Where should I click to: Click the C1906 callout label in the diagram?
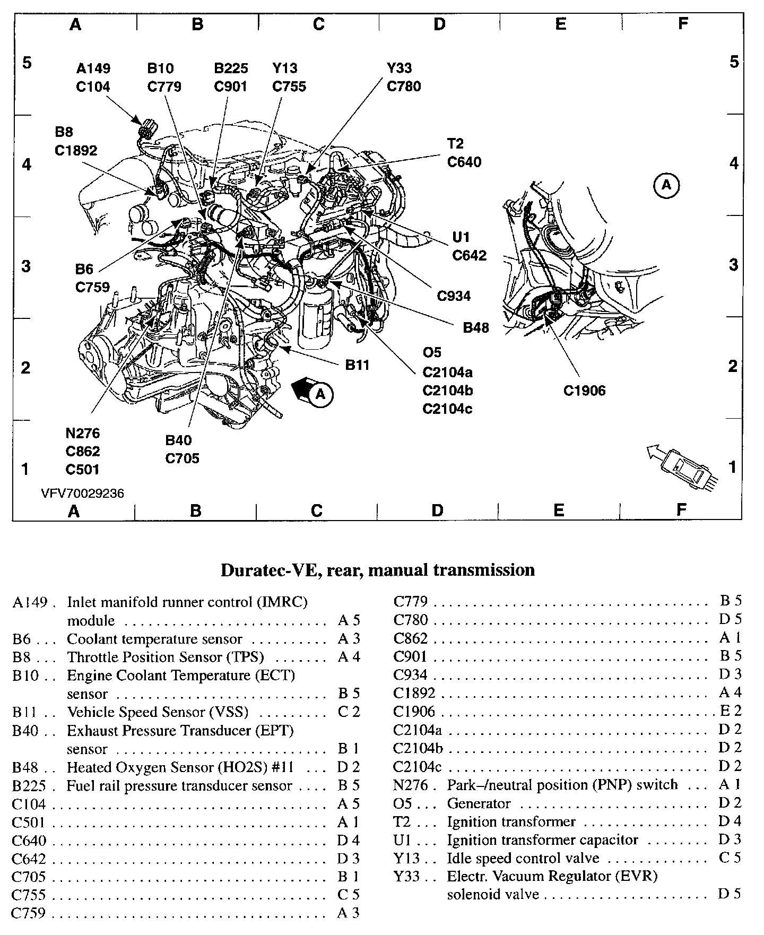pos(584,391)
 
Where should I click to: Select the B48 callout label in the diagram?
pos(475,327)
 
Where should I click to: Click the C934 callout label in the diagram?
pos(454,296)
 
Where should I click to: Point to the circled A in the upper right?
pos(666,185)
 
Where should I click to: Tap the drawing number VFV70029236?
pos(82,494)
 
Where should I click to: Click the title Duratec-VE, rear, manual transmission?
pos(377,570)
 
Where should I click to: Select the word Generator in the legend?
pos(479,803)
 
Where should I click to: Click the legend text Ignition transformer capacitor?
pos(542,840)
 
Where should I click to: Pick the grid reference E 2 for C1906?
pos(730,711)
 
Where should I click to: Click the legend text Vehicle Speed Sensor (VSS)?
pos(158,712)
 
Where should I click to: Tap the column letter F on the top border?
pos(683,23)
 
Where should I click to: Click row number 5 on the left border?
pos(27,63)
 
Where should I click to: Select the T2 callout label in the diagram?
pos(455,143)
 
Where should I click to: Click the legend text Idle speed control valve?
pos(523,858)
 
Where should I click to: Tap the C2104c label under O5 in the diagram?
pos(447,409)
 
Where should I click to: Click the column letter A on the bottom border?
pos(74,510)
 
